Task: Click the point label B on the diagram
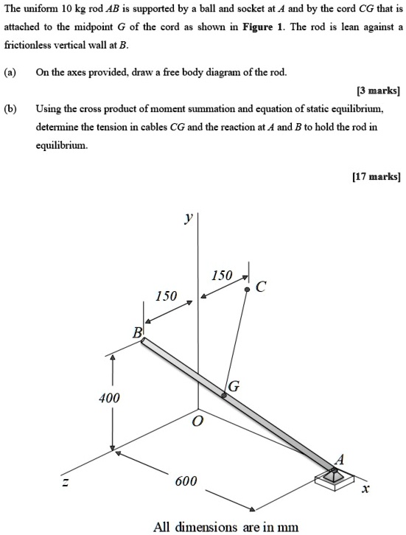pyautogui.click(x=136, y=333)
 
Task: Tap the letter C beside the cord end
pyautogui.click(x=259, y=287)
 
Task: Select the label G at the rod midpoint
pyautogui.click(x=234, y=386)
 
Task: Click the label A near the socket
pyautogui.click(x=339, y=458)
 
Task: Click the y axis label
pyautogui.click(x=189, y=217)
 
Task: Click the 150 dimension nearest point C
pyautogui.click(x=221, y=276)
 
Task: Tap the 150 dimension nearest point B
pyautogui.click(x=166, y=296)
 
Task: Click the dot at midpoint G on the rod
pyautogui.click(x=225, y=396)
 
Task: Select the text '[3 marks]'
pyautogui.click(x=377, y=91)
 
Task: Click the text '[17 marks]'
pyautogui.click(x=375, y=176)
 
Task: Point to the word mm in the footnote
pyautogui.click(x=287, y=526)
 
